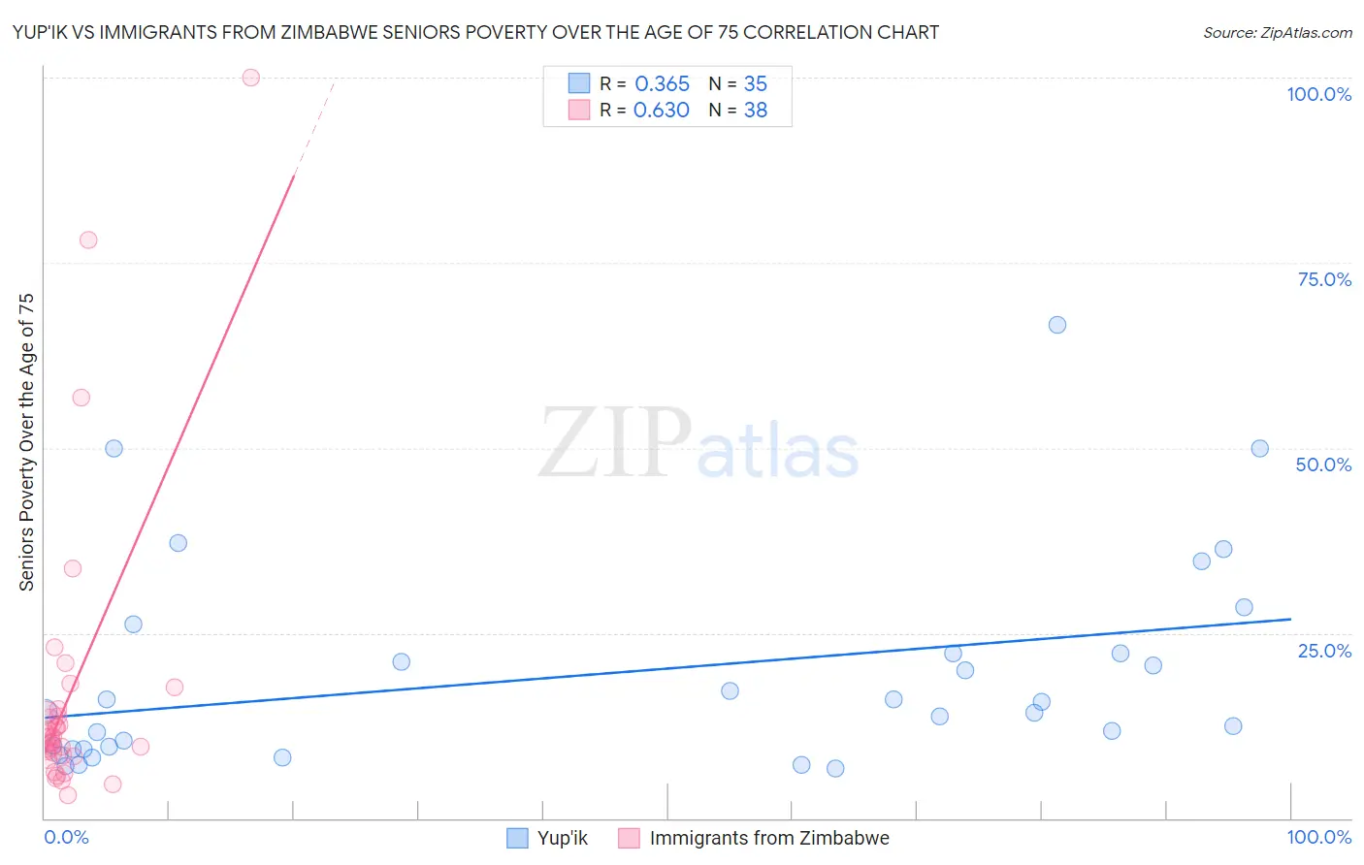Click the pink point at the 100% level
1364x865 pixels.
tap(251, 78)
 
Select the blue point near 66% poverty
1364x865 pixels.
tap(1057, 325)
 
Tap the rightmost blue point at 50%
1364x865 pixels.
tap(1260, 448)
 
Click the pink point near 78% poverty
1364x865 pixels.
tap(88, 240)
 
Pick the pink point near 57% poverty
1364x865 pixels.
tap(81, 398)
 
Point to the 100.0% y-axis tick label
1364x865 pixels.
tap(1318, 94)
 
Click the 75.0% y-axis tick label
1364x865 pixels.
tap(1324, 279)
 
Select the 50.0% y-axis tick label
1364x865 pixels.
tap(1323, 465)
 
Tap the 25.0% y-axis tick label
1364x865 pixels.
tap(1324, 651)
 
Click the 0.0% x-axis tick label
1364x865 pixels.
tap(66, 837)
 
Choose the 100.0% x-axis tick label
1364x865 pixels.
tap(1318, 837)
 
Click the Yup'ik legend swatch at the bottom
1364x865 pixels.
tap(518, 838)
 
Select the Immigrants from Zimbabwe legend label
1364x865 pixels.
tap(769, 838)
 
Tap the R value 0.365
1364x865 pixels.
tap(662, 84)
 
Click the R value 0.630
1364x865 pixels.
tap(662, 111)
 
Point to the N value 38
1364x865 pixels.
tap(755, 111)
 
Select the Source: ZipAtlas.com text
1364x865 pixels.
tap(1277, 32)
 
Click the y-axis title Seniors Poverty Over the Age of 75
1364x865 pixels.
tap(26, 442)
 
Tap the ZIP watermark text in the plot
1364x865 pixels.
tap(615, 444)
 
